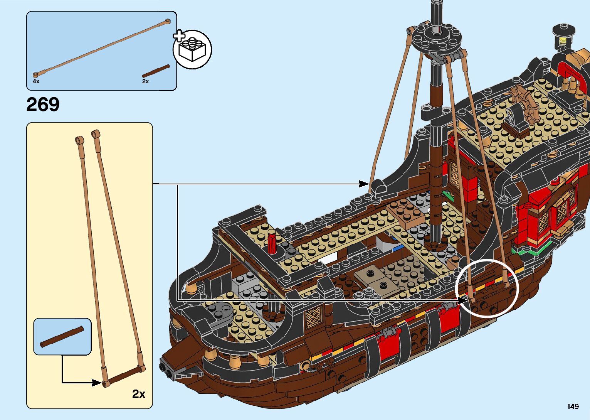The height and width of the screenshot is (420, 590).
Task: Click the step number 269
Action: tap(43, 104)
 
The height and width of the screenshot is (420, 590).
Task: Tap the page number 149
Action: tap(573, 407)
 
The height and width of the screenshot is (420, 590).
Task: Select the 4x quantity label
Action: tap(36, 81)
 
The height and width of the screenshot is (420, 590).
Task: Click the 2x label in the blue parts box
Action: tap(145, 81)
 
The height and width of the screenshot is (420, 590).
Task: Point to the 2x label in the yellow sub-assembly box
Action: tap(139, 394)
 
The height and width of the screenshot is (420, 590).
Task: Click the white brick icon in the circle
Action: tap(192, 49)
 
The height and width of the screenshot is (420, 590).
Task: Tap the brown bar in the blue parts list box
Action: tap(156, 71)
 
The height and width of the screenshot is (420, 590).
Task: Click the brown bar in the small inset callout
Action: tap(62, 337)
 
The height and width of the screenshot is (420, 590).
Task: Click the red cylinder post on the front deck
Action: tap(272, 243)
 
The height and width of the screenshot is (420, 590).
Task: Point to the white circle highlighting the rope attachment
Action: tap(487, 288)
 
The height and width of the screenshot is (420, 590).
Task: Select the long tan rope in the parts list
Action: tap(101, 47)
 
